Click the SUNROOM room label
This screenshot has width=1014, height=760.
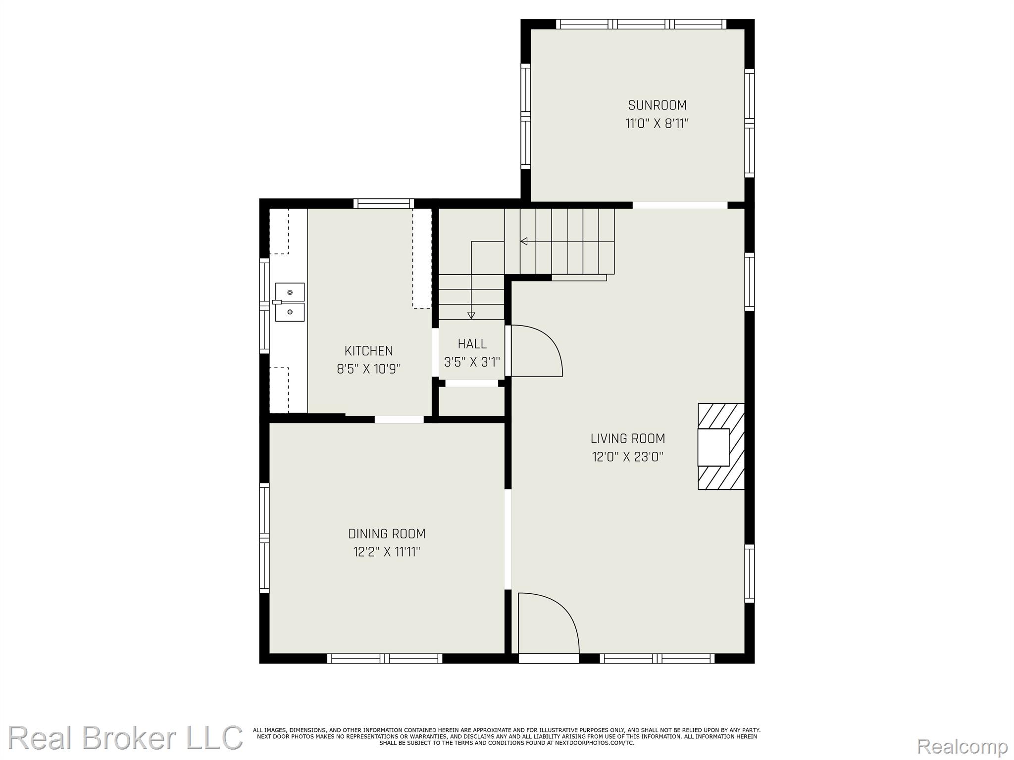tap(657, 105)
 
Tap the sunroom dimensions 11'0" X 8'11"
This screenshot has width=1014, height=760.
tap(657, 123)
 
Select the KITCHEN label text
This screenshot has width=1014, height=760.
tap(368, 351)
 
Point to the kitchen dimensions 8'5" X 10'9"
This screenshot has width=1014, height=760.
tap(368, 369)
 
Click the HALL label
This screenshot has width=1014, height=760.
tap(472, 344)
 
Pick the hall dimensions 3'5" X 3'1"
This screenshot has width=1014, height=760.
tap(472, 362)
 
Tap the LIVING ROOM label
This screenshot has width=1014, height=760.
tap(627, 438)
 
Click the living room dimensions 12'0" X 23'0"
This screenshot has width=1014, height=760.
tap(627, 456)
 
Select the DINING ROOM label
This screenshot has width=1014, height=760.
tap(387, 534)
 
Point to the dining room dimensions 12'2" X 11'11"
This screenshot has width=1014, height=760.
tap(387, 552)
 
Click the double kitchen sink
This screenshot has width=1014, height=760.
tap(289, 302)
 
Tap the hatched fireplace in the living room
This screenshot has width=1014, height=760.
tap(721, 446)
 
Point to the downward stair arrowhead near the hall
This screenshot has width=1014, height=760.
tap(471, 315)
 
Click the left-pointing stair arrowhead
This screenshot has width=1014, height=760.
tap(523, 241)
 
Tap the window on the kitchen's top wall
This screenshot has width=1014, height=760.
tap(384, 203)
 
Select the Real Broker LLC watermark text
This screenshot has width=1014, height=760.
tap(125, 738)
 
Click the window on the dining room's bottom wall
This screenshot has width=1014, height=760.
tap(385, 659)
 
